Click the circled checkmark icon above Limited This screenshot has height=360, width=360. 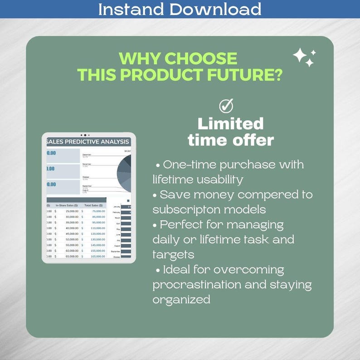pyautogui.click(x=226, y=106)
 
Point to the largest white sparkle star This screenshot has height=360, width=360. pyautogui.click(x=300, y=56)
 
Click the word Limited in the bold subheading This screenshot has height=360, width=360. pyautogui.click(x=231, y=123)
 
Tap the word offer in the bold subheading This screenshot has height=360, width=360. pyautogui.click(x=253, y=140)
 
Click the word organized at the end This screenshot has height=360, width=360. pyautogui.click(x=181, y=300)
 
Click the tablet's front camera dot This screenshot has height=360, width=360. pyautogui.click(x=85, y=135)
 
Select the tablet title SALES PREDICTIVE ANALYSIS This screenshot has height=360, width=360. pyautogui.click(x=88, y=141)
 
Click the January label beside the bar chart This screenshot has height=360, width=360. pyautogui.click(x=116, y=206)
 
